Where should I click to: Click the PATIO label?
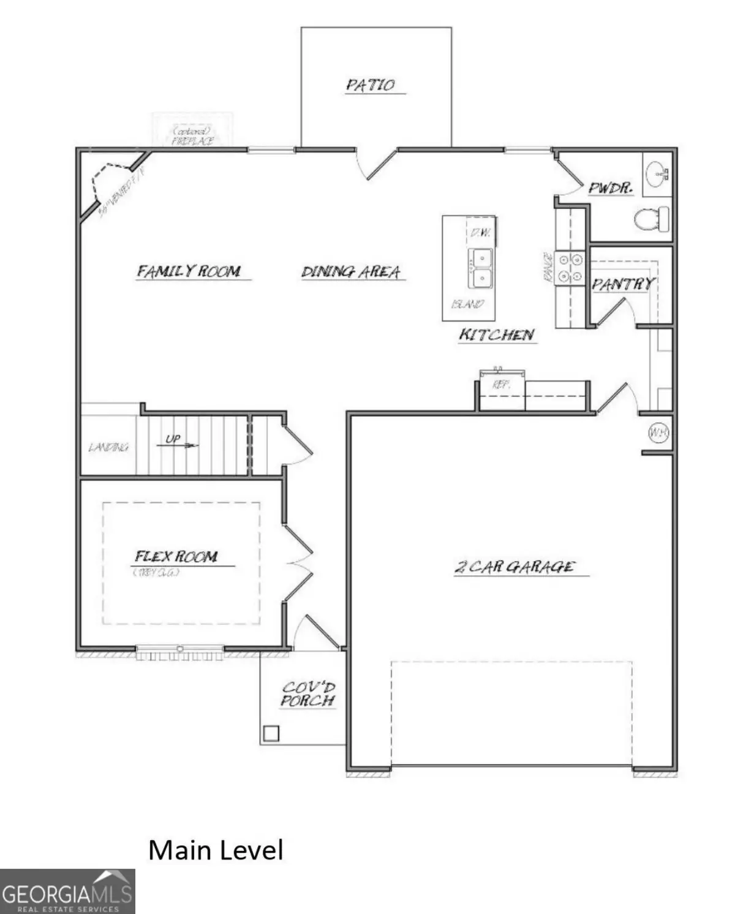pos(371,85)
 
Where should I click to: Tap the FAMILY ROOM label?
pos(189,271)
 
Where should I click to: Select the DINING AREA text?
pos(351,271)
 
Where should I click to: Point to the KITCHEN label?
pos(497,334)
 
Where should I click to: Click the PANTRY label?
pos(622,284)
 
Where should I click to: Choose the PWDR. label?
pos(610,187)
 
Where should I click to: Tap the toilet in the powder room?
pos(650,219)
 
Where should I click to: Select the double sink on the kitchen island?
pos(481,268)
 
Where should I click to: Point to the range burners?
pos(570,268)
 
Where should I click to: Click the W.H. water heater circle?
pos(658,432)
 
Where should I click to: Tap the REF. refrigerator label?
pos(501,385)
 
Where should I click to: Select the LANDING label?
pos(108,447)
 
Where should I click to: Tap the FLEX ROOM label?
pos(176,556)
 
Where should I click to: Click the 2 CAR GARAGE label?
pos(514,567)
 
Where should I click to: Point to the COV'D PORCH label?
pos(308,695)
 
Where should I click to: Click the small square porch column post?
pos(271,733)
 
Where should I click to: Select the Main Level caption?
pos(216,850)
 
